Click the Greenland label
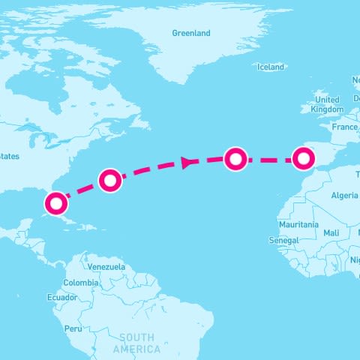coord(191,34)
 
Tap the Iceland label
coord(271,67)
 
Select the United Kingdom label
coord(328,104)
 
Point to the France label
coord(345,127)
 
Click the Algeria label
coord(344,196)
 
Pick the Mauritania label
coord(298,225)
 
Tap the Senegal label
coord(283,240)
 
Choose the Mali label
coord(331,233)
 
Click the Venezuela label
coord(106,267)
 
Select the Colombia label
coord(80,283)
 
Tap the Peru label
coord(73,328)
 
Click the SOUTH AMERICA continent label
coord(136,343)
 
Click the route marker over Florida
coord(56,203)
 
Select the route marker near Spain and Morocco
coord(303,158)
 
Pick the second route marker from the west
coord(110,180)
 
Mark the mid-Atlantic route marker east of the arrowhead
coord(235,158)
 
